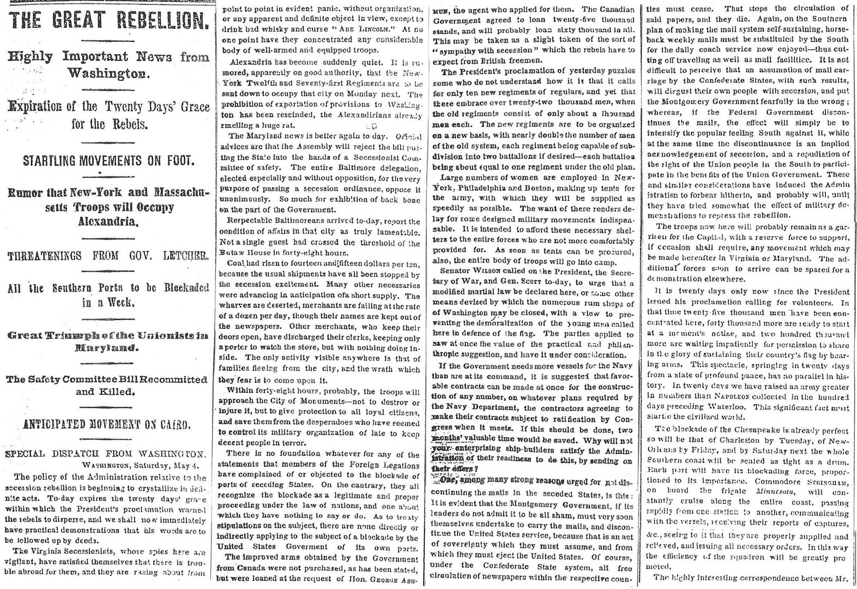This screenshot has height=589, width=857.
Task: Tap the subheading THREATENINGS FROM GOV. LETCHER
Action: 107,256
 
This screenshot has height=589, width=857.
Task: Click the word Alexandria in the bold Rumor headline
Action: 107,221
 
